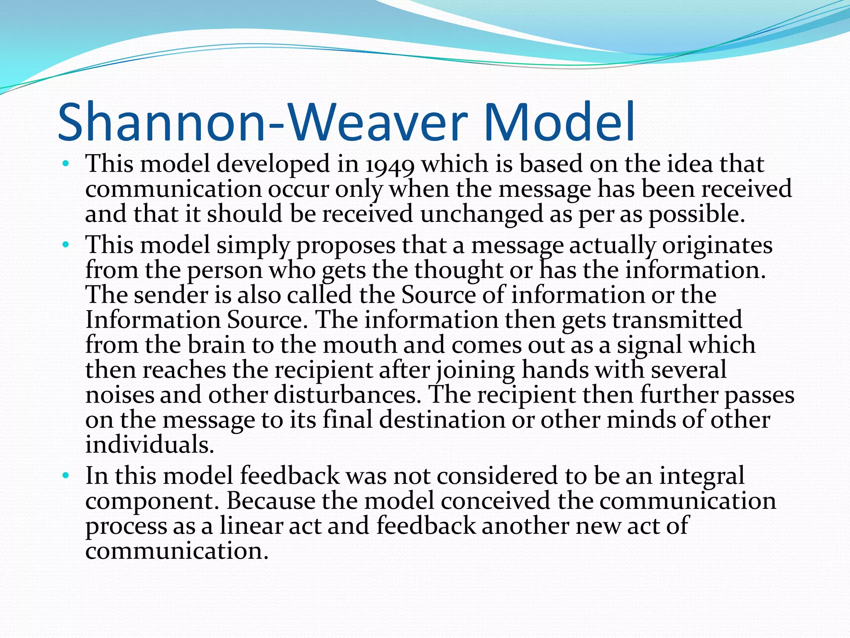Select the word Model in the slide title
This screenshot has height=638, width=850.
tap(558, 123)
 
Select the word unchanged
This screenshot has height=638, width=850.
tap(481, 214)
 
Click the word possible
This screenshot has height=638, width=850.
tap(696, 214)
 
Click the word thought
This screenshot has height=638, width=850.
tap(459, 270)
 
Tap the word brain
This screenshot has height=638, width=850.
tap(216, 345)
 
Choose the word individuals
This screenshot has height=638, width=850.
tap(149, 444)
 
